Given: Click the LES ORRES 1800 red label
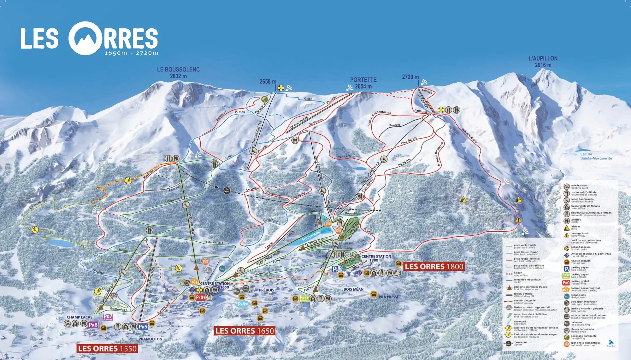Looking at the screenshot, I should [x=434, y=267].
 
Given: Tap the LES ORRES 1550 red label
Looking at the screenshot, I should [x=107, y=349].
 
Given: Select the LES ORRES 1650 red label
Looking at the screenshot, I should [x=245, y=331].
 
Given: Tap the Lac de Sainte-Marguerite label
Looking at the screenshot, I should [x=596, y=156].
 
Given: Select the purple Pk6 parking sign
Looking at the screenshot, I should [x=93, y=325].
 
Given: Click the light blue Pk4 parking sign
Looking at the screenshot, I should [x=242, y=304].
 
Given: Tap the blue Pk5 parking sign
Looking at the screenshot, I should [x=143, y=326].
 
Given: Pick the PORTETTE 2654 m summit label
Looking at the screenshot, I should [x=363, y=83].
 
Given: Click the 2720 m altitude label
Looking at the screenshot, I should [x=410, y=77].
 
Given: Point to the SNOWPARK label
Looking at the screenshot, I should [x=311, y=235].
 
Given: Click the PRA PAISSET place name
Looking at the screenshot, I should [x=390, y=297].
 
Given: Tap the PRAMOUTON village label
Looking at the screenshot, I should [x=150, y=339].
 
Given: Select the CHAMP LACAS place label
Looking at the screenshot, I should [x=80, y=317].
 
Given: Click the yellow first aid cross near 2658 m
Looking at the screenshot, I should [x=280, y=88].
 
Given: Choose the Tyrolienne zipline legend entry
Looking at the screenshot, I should [x=520, y=343].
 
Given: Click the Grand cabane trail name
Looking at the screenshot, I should [x=469, y=135].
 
